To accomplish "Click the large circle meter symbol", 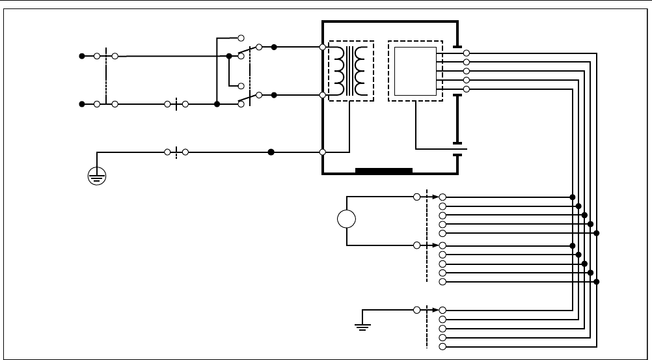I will click(346, 220).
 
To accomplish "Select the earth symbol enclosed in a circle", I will click(97, 176).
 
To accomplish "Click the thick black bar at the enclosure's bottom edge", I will click(384, 171).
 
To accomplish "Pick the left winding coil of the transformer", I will click(339, 71).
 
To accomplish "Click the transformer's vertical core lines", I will click(351, 71).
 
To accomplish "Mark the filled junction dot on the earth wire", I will click(271, 152).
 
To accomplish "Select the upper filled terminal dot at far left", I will click(81, 56).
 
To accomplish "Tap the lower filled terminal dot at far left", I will click(81, 104).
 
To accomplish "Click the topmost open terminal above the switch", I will click(241, 38).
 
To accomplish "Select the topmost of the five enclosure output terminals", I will click(467, 53).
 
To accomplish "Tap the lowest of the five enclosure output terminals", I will click(467, 89).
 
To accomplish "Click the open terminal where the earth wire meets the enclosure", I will click(323, 152).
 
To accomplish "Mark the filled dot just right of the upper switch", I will click(274, 47).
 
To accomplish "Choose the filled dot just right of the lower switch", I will click(274, 95).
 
